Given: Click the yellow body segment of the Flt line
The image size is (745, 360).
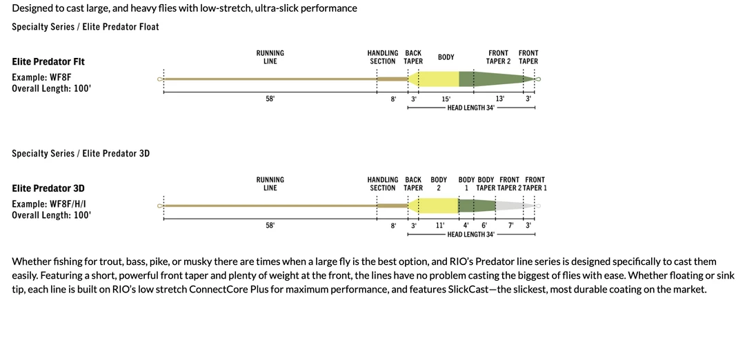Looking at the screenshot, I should (438, 79).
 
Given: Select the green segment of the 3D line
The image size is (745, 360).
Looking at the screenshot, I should (477, 206).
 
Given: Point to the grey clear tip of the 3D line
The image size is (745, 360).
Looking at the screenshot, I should (514, 206).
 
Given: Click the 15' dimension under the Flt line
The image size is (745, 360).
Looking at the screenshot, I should (446, 99).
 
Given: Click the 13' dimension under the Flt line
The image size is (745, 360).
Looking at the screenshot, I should (500, 99).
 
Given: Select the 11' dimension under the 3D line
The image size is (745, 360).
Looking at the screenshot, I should (440, 226).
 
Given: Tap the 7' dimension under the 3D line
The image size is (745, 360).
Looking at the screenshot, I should (510, 226).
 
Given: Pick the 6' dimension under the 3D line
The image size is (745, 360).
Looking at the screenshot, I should (484, 226).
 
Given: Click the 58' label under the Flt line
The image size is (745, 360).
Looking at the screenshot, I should (270, 99).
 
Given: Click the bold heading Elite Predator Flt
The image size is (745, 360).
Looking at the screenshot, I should (48, 61).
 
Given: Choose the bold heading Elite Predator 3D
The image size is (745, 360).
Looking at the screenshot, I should (48, 188).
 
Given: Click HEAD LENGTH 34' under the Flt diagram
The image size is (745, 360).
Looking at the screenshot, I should (470, 108).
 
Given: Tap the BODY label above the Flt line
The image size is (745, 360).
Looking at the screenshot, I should (446, 57).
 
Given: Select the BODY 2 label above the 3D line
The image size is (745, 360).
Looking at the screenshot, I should (439, 183).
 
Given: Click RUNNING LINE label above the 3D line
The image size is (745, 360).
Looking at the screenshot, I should (270, 183).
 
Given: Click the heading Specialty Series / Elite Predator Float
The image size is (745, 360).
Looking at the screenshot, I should (86, 27).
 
